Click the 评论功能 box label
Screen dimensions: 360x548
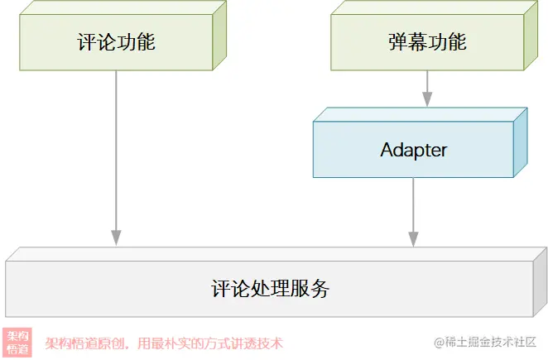[116, 42]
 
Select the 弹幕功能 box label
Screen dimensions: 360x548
[427, 42]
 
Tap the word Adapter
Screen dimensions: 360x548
[413, 150]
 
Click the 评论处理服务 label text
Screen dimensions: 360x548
[271, 289]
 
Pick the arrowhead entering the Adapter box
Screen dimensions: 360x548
[427, 101]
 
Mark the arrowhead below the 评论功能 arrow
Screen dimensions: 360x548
[116, 238]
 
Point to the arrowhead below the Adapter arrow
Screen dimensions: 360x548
[413, 238]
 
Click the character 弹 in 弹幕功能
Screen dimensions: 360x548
[397, 42]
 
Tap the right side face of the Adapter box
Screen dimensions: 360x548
[520, 142]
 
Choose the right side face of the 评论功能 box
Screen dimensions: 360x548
[219, 36]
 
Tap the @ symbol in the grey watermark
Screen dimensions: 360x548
[440, 342]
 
